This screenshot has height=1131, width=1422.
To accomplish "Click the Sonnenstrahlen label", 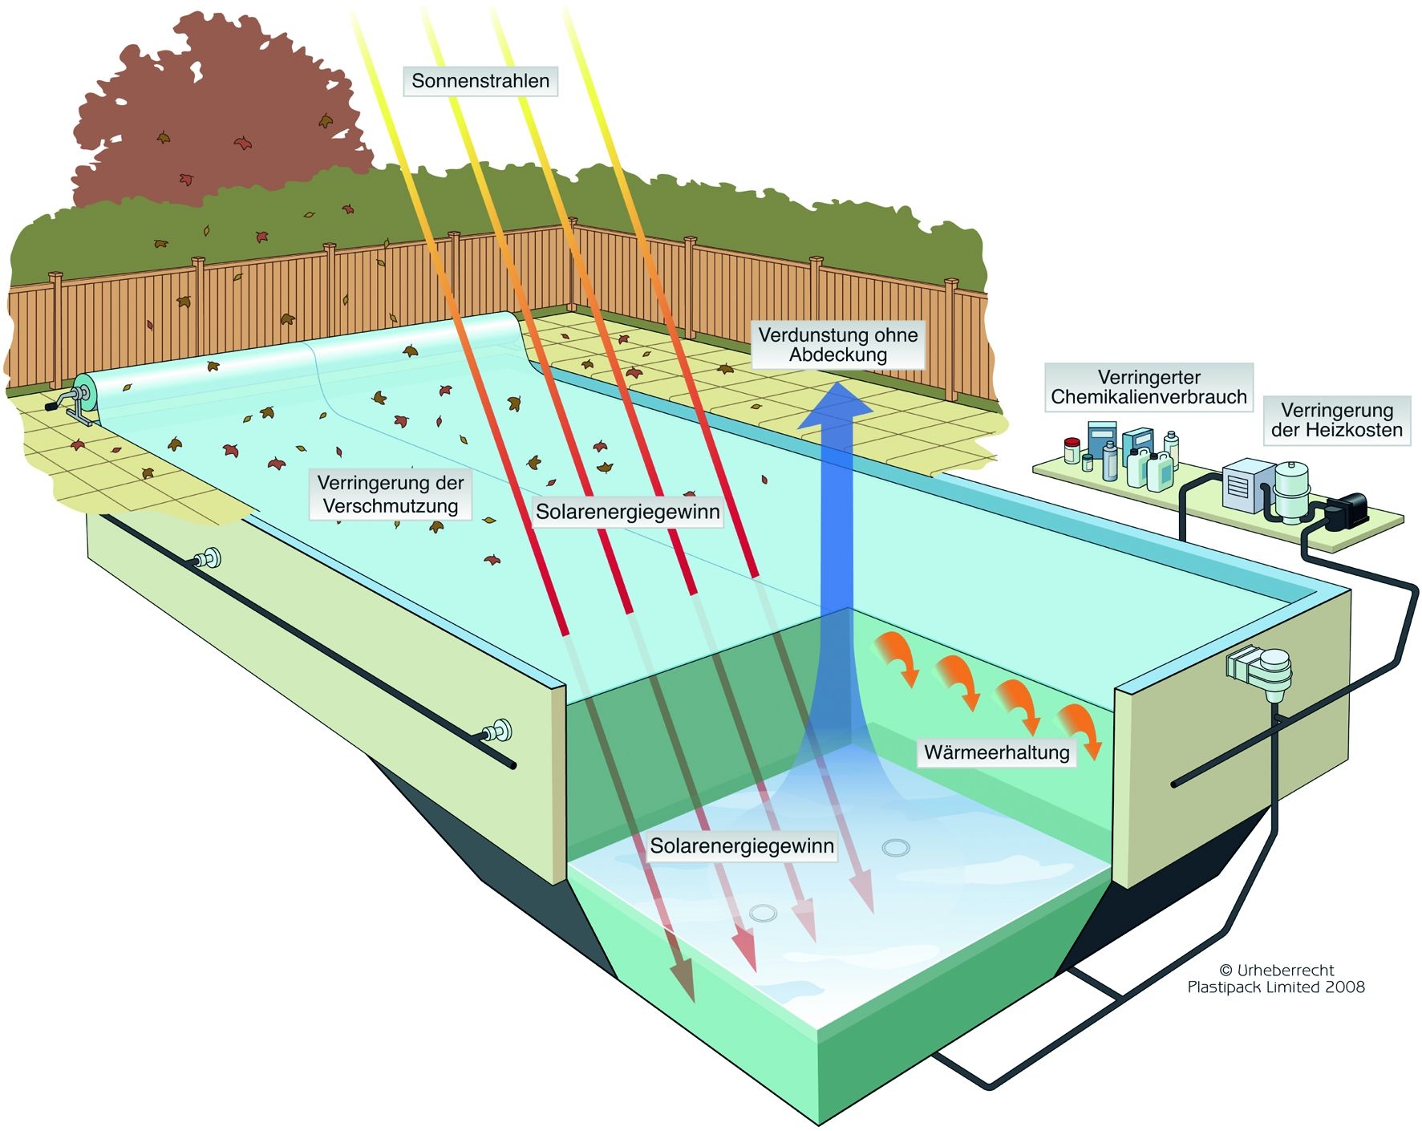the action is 480,81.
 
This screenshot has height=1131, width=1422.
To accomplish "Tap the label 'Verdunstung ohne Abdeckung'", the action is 838,345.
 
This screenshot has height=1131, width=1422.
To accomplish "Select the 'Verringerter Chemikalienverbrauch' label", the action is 1149,387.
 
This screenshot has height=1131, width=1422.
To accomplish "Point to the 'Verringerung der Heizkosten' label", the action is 1336,420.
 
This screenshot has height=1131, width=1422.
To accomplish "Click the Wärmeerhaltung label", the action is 996,752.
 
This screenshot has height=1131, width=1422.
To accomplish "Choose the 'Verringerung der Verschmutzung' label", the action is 391,494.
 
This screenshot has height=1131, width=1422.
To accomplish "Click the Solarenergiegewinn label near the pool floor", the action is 742,846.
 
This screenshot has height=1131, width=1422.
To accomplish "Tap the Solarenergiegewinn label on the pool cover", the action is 627,512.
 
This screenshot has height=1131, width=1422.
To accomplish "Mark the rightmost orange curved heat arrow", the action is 1079,730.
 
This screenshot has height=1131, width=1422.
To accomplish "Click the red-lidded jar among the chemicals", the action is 1072,450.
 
